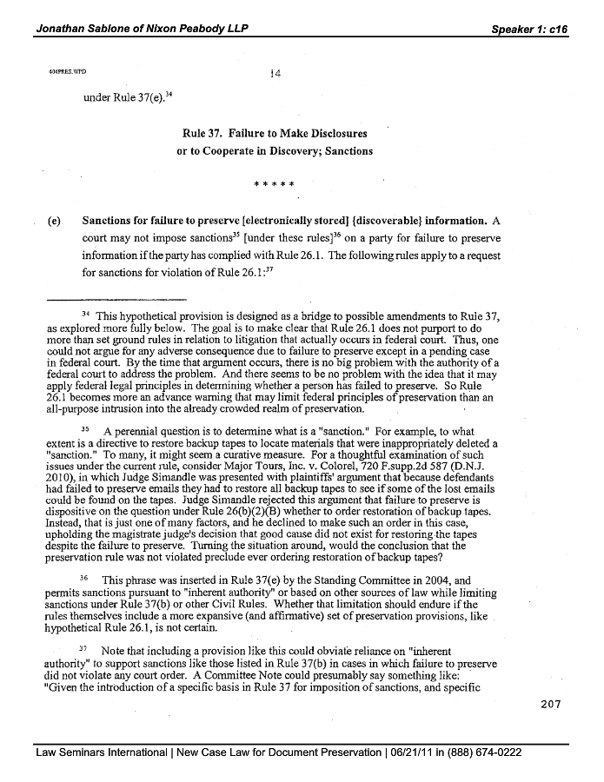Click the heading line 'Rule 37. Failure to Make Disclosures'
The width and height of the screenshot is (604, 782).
click(x=275, y=134)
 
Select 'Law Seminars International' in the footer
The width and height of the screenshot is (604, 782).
click(x=102, y=752)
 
